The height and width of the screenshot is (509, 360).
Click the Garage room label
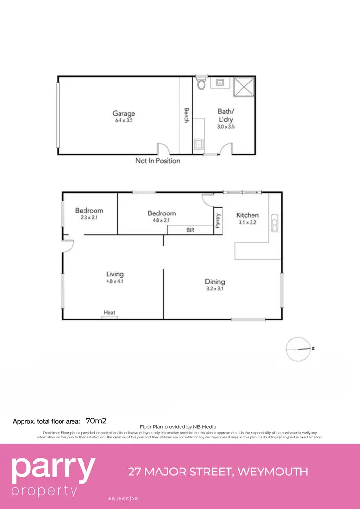(x=124, y=114)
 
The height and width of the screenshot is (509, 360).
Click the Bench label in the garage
(x=186, y=115)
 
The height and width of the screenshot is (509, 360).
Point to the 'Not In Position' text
(x=157, y=161)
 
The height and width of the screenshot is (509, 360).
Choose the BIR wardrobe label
(x=191, y=230)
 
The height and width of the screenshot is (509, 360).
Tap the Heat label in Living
(x=109, y=313)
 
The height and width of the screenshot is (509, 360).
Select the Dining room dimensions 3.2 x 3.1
(x=215, y=289)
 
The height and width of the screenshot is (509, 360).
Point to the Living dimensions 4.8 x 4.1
(x=115, y=282)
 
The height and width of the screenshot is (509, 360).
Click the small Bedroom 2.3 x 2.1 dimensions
(x=89, y=218)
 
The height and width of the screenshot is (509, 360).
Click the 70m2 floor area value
(x=96, y=421)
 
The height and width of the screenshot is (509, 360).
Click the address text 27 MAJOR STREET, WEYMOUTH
(x=218, y=472)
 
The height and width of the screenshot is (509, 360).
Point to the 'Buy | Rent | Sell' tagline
(x=123, y=498)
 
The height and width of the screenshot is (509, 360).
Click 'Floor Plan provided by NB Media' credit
(x=178, y=426)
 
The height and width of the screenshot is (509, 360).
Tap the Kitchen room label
(x=247, y=215)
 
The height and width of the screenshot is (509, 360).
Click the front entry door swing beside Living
(x=68, y=246)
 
